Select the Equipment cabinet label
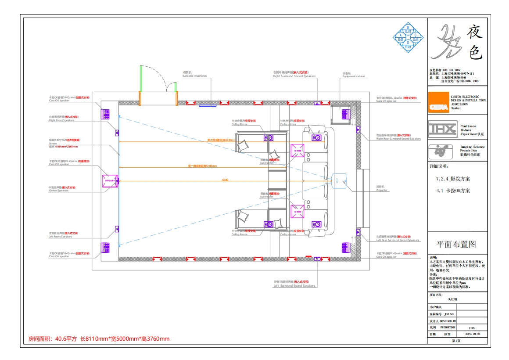point(354,76)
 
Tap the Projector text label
point(382,191)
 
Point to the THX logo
point(442,128)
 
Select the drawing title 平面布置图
point(455,245)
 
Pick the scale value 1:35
point(472,328)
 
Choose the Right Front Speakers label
point(61,120)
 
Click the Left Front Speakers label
point(61,237)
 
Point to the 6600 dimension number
point(225,180)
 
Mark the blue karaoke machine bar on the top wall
point(208,105)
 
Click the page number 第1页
point(455,341)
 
